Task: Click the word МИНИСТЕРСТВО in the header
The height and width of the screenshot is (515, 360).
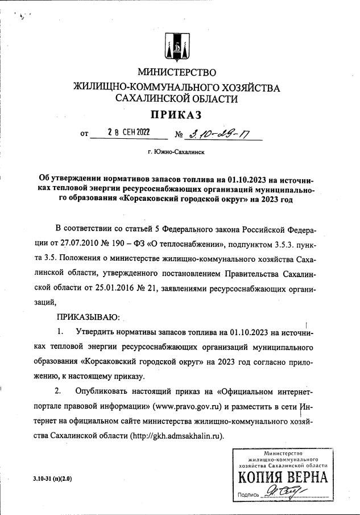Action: pyautogui.click(x=177, y=72)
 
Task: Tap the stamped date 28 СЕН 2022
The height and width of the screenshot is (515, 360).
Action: pyautogui.click(x=129, y=133)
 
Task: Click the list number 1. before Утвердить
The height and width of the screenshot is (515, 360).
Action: pyautogui.click(x=60, y=331)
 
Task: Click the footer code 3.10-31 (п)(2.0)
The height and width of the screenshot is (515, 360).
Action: pyautogui.click(x=53, y=479)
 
